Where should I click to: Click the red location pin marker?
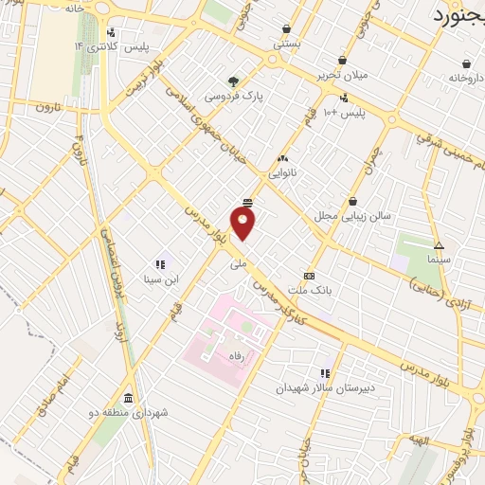coord(243,223)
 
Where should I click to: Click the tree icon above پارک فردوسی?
coord(232,81)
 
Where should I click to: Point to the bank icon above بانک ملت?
coord(308,275)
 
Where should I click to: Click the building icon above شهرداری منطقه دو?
coord(128,397)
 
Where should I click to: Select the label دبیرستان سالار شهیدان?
coord(326,388)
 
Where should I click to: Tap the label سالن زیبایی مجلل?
coord(353,216)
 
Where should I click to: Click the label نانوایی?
coord(282,173)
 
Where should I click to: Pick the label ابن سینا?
coord(159,279)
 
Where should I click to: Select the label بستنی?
coord(286,43)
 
